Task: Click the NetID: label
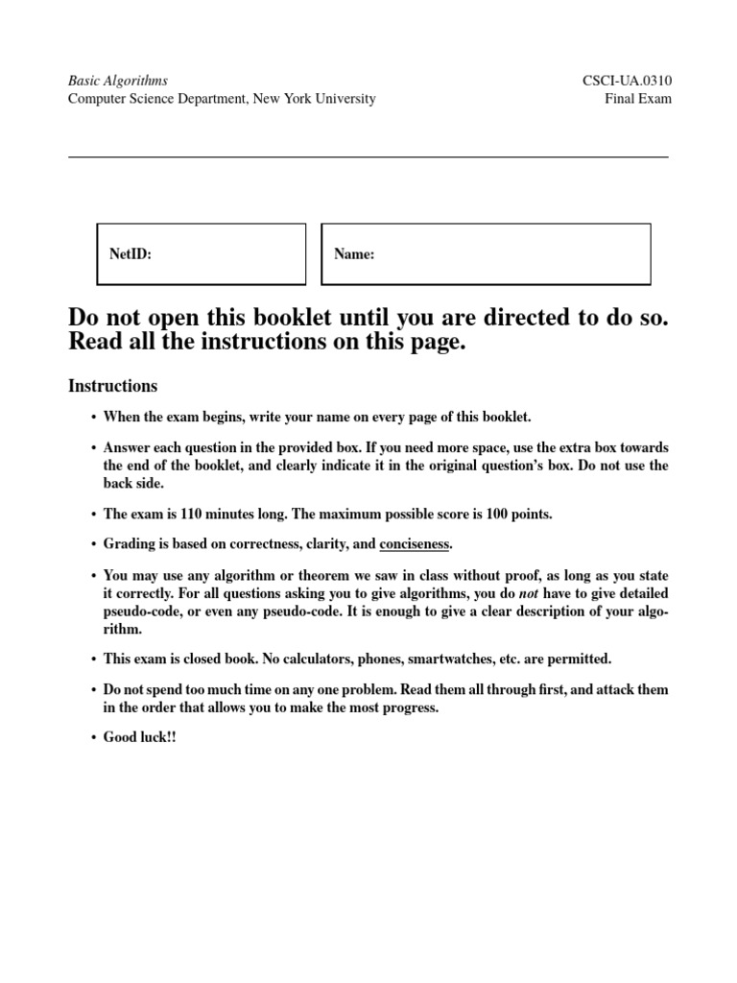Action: coord(131,254)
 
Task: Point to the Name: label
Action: coord(354,254)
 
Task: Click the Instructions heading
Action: coord(113,386)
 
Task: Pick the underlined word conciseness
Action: coord(415,544)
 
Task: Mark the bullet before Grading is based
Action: coord(93,544)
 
